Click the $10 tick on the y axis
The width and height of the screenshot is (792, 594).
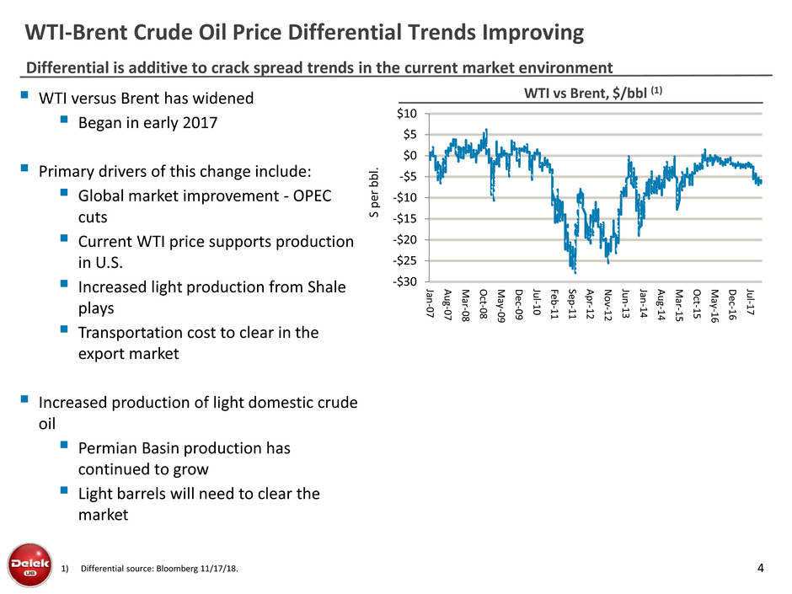tap(409, 114)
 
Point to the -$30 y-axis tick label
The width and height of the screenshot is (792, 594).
tap(407, 282)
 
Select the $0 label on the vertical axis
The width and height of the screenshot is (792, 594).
tap(412, 156)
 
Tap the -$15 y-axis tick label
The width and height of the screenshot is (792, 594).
tap(407, 219)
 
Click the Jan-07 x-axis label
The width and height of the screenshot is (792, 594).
tap(430, 302)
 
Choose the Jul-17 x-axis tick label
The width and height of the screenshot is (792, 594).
tap(751, 302)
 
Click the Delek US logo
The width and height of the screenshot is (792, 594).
tap(27, 564)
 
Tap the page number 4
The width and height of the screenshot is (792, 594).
tap(762, 567)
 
